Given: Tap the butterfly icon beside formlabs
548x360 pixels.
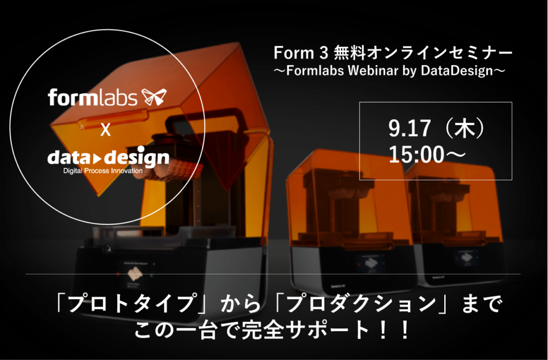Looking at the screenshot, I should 153,97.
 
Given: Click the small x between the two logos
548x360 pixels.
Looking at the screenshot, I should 106,130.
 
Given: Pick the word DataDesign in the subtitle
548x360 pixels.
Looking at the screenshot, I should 455,71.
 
